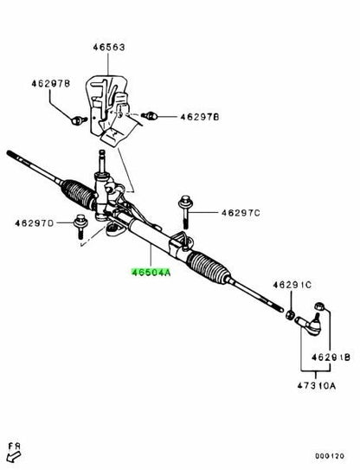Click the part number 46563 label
[x=108, y=48]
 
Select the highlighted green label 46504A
[x=151, y=273]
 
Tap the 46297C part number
[x=241, y=213]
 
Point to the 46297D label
[x=34, y=223]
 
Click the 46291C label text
[x=292, y=285]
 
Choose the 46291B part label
[x=331, y=357]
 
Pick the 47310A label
[x=317, y=385]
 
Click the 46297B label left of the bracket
[x=51, y=83]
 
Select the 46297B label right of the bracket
[x=200, y=117]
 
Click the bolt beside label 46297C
[x=185, y=211]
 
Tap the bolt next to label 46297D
[x=80, y=226]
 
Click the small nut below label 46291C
[x=289, y=315]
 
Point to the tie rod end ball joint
[x=309, y=325]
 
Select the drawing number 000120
[x=330, y=456]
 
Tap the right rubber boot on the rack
[x=208, y=267]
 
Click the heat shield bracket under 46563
[x=110, y=109]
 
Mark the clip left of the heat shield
[x=78, y=120]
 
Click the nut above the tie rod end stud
[x=319, y=306]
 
